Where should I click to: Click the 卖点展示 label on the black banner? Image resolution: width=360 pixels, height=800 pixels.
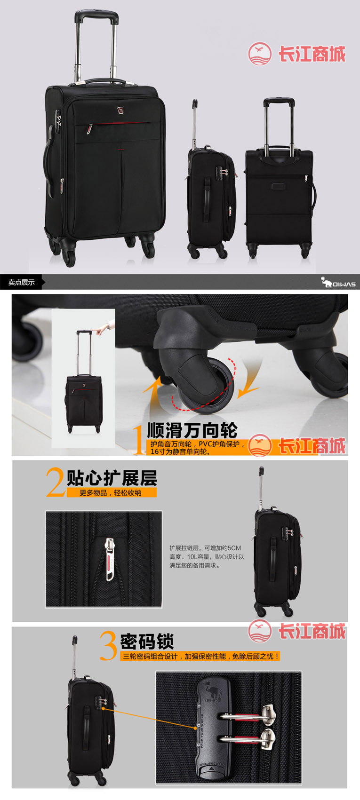22,282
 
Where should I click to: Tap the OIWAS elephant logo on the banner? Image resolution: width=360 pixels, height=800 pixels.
338,283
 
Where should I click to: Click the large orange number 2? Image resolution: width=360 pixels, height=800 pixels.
56,483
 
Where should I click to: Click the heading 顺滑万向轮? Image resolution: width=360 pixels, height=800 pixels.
192,430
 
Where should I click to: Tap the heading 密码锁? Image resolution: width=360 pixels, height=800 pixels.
147,642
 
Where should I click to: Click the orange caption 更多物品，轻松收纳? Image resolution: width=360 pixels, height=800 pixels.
111,493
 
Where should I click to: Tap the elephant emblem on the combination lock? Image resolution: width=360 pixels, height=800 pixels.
213,689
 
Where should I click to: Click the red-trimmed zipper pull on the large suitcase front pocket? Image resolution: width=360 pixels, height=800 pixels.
89,129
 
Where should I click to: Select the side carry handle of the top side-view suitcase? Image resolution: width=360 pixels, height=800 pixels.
207,198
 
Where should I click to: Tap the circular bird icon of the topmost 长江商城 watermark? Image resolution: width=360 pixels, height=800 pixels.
260,54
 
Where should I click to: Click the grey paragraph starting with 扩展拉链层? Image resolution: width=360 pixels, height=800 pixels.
207,556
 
